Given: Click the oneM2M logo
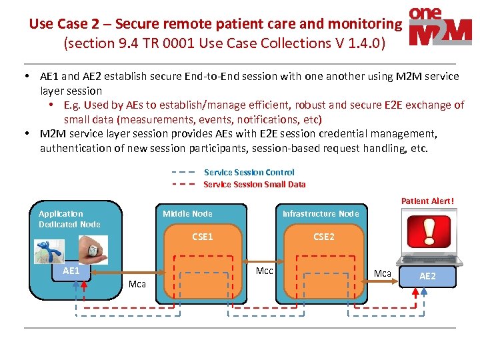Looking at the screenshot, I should coord(441,27).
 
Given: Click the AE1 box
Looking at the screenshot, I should coord(71,271).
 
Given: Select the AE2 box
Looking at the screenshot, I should coord(427,276).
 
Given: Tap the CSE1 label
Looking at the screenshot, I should coord(203,237).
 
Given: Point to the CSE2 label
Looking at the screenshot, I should coord(324,237).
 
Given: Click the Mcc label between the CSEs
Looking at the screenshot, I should coord(265,271).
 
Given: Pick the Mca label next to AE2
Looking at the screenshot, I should coord(383,273).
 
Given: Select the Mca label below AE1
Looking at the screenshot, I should coord(137,285).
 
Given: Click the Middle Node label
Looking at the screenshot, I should coord(187,214).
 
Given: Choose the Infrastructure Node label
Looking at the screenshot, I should coord(321,214).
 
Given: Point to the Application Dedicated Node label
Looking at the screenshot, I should coord(69,219).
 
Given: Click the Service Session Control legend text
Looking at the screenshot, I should coord(249,173).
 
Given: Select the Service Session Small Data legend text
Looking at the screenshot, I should coord(254,184).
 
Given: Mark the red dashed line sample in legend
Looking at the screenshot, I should coord(183,184).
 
